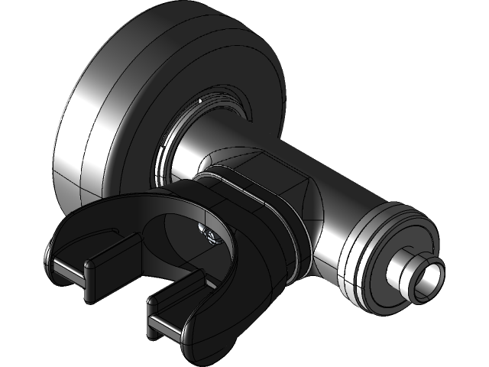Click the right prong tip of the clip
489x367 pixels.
pos(164,324)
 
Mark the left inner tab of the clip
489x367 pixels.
pos(103,257)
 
